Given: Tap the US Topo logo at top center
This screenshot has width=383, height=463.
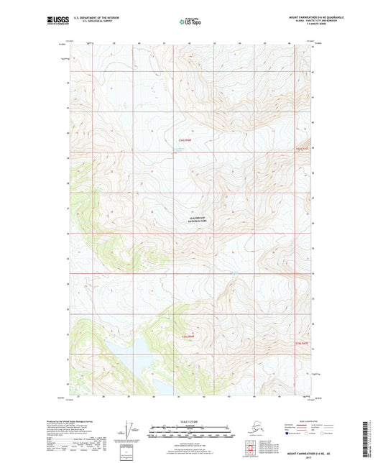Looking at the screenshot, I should click(190, 22).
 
